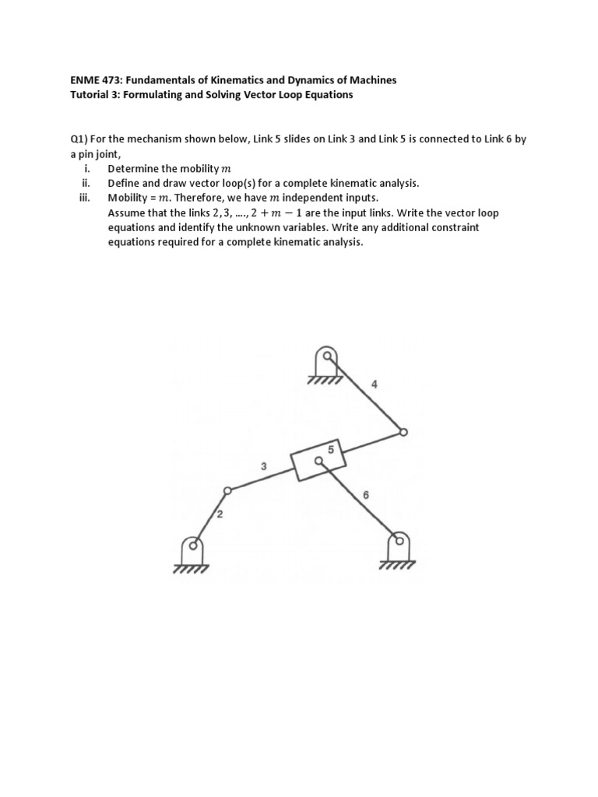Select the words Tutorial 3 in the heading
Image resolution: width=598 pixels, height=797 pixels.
point(97,95)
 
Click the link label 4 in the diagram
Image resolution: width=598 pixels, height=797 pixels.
point(375,384)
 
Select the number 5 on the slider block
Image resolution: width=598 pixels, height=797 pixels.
point(330,450)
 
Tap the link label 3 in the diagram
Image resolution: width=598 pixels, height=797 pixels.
point(264,467)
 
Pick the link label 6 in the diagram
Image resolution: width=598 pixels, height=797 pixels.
point(366,494)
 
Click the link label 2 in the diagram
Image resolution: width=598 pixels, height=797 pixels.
point(220,513)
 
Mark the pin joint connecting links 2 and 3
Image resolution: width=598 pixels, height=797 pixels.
point(227,490)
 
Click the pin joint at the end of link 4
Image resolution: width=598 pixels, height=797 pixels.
point(403,432)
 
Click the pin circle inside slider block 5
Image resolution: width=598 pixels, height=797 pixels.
point(318,462)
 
